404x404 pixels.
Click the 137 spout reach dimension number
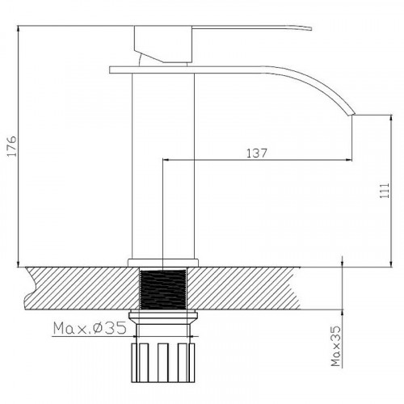(x=257, y=152)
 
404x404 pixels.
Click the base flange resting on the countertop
(x=164, y=262)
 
